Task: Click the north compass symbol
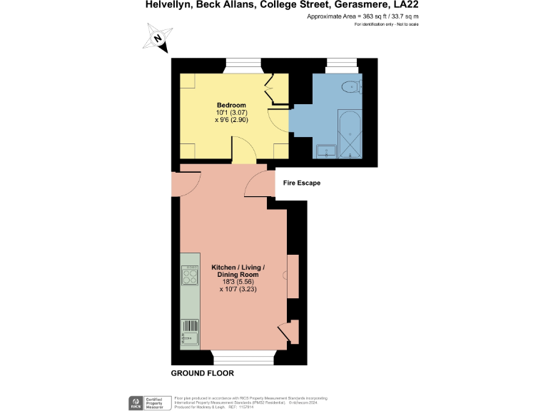pos(158,37)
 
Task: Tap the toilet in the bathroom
pos(350,87)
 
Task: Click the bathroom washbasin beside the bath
pos(326,151)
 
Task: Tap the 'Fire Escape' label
pos(302,183)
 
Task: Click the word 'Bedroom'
pos(231,105)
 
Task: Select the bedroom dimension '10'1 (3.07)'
pos(231,113)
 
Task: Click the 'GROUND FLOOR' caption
pos(202,373)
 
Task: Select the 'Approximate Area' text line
pos(362,16)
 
